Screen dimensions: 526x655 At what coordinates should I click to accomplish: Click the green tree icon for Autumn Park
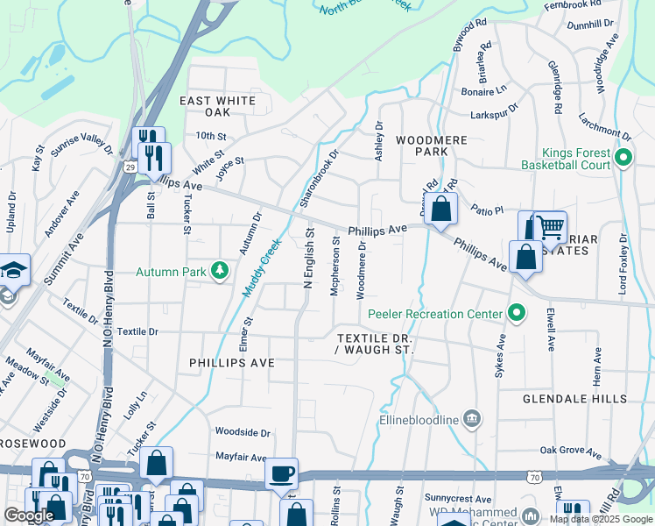[x=220, y=271]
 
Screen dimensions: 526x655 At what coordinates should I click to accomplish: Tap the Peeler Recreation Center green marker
[x=517, y=313]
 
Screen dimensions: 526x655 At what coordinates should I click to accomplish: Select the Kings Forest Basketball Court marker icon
[x=623, y=158]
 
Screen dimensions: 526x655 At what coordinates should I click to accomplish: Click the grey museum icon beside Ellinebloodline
[x=473, y=419]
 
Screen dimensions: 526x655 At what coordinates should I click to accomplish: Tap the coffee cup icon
[x=281, y=474]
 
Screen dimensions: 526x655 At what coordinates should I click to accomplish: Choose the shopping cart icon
[x=550, y=227]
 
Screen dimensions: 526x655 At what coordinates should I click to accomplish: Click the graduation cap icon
[x=14, y=269]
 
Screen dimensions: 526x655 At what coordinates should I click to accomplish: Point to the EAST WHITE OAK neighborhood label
[x=217, y=106]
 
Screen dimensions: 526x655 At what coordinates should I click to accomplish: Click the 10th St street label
[x=211, y=137]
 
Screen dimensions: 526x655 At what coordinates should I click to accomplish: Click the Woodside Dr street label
[x=243, y=432]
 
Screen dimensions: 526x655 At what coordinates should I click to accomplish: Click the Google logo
[x=29, y=515]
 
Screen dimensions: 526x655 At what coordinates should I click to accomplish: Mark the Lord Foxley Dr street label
[x=623, y=263]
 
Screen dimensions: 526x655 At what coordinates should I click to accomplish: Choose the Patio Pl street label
[x=487, y=210]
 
